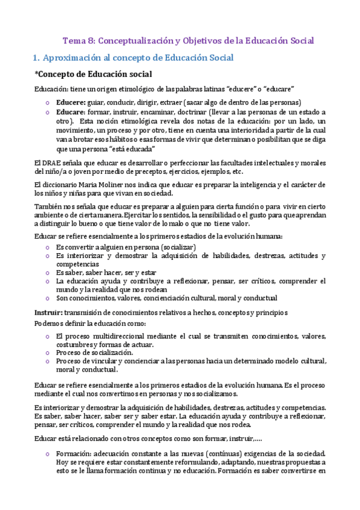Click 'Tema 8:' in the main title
pos(78,41)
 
